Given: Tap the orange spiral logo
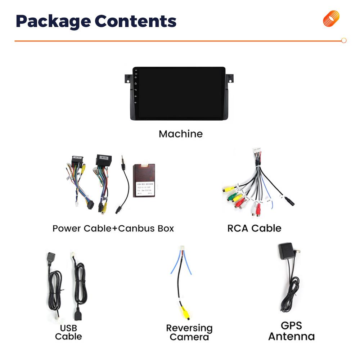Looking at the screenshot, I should click(331, 19).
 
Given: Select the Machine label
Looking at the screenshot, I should click(181, 134).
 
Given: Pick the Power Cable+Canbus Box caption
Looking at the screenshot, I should click(113, 228).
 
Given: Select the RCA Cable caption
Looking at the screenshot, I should click(254, 228).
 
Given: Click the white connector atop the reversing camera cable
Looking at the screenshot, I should click(181, 249).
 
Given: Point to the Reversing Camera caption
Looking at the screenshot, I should click(189, 332).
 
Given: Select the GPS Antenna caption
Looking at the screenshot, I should click(291, 331).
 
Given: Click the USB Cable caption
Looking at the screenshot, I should click(68, 332).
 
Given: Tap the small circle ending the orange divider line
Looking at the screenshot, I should click(343, 41).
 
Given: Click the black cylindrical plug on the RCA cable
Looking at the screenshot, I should click(289, 202).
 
